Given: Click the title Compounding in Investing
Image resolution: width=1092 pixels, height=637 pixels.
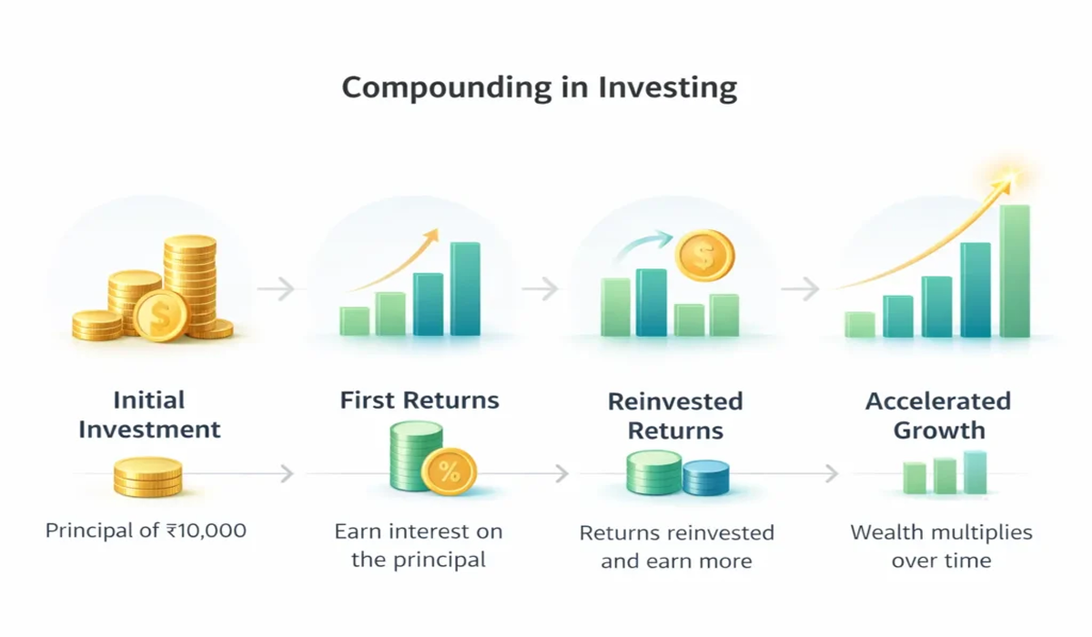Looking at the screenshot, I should [539, 88].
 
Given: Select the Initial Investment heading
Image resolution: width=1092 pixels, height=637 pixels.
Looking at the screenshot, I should [149, 415].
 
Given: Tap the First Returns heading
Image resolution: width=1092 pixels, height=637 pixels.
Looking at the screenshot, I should [420, 400].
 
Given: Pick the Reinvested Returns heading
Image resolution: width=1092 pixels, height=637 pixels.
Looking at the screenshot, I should [675, 415].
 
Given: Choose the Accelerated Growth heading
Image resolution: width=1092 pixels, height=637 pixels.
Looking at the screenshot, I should [938, 415].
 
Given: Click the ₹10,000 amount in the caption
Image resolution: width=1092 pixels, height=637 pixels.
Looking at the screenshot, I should [208, 530].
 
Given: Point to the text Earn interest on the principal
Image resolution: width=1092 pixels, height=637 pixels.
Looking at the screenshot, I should [419, 545].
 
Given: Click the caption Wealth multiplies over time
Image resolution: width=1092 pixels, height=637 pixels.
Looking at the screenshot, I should [941, 545].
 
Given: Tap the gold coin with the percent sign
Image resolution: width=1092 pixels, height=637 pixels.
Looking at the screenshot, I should [449, 471].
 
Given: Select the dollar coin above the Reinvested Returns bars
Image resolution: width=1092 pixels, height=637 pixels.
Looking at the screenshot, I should [703, 255].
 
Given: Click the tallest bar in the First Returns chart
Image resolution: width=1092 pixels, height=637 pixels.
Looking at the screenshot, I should [465, 288].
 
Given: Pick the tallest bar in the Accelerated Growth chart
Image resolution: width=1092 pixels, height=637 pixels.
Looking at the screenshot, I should [1015, 270].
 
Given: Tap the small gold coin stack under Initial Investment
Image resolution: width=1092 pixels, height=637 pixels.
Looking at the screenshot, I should [147, 477].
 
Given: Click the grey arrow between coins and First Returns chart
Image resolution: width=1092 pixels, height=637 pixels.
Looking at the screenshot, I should [277, 289].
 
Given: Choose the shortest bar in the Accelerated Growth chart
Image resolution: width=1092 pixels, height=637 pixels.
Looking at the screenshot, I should [859, 325].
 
